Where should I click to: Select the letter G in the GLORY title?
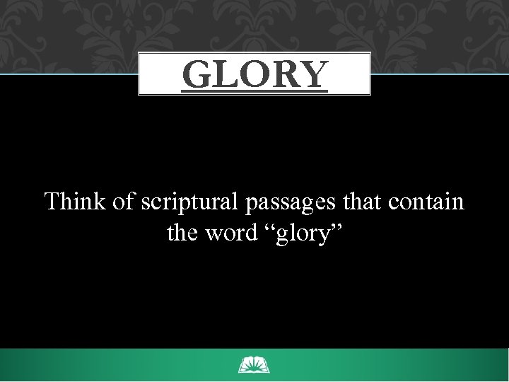point(197,74)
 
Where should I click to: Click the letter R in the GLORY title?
point(286,74)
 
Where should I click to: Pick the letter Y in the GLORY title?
point(314,74)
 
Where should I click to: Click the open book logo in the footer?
point(254,366)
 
